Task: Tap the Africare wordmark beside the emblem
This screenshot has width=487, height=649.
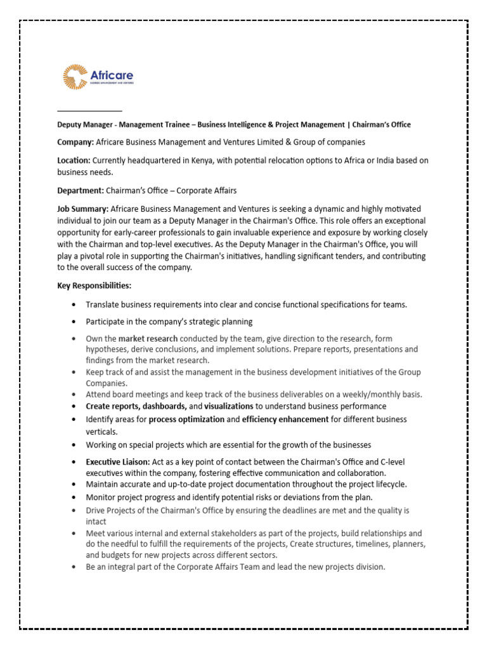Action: pyautogui.click(x=112, y=75)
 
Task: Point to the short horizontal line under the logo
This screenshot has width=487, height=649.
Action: pyautogui.click(x=89, y=111)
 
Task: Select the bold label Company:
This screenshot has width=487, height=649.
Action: pyautogui.click(x=75, y=143)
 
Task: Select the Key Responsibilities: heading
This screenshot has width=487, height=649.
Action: pyautogui.click(x=94, y=286)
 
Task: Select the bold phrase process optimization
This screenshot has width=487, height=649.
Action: pyautogui.click(x=186, y=420)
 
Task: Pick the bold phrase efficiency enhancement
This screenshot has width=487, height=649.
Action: pyautogui.click(x=285, y=420)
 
